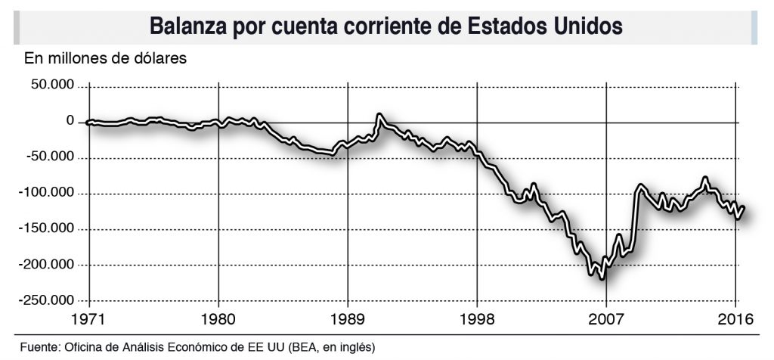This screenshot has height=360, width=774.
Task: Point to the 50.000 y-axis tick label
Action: (x=52, y=85)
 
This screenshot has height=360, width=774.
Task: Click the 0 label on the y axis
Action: (x=70, y=122)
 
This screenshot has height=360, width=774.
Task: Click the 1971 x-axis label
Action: (x=89, y=318)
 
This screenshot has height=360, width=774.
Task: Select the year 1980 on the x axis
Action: (x=218, y=318)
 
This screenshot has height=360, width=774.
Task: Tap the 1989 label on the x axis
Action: (x=348, y=318)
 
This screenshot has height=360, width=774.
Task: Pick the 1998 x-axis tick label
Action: (x=477, y=318)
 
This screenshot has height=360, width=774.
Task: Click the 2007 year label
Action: (x=606, y=318)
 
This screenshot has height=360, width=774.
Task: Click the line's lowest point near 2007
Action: (x=602, y=278)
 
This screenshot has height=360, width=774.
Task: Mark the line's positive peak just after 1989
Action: (x=379, y=116)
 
